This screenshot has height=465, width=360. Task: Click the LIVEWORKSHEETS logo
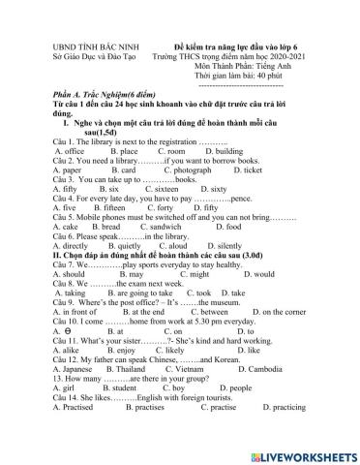(x=301, y=452)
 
